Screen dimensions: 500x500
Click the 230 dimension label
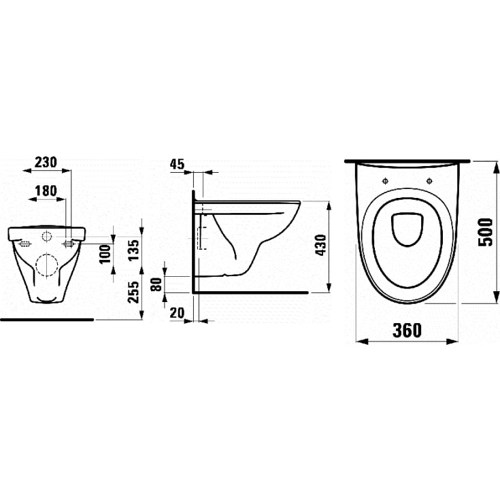pyautogui.click(x=46, y=163)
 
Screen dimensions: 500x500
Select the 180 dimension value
pyautogui.click(x=46, y=193)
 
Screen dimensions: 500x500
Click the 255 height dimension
pyautogui.click(x=134, y=292)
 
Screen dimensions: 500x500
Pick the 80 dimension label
pyautogui.click(x=158, y=284)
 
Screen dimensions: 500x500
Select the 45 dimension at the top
pyautogui.click(x=177, y=164)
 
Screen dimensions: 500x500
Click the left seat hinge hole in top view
pyautogui.click(x=385, y=182)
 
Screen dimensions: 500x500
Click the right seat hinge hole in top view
pyautogui.click(x=430, y=182)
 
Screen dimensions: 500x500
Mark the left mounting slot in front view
pyautogui.click(x=24, y=244)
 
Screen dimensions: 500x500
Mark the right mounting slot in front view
pyautogui.click(x=69, y=244)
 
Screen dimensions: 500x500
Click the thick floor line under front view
pyautogui.click(x=46, y=318)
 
